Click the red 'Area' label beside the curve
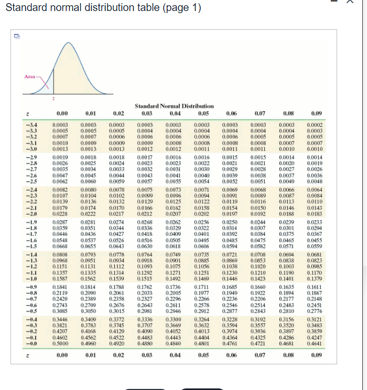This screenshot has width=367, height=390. [29, 77]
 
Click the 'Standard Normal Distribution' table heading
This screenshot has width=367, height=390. [174, 106]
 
